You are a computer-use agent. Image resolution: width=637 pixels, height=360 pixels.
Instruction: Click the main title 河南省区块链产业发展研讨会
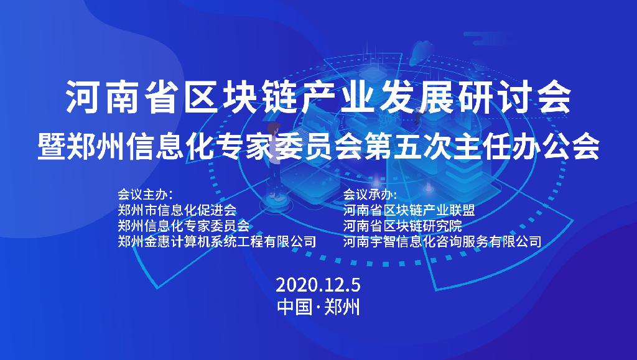pos(318,98)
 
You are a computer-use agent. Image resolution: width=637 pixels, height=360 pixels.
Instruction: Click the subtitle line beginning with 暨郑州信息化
pos(318,146)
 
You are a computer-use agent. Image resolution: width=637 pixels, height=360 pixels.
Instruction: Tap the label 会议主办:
pos(145,195)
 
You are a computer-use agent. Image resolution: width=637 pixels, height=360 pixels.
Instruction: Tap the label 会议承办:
pos(370,195)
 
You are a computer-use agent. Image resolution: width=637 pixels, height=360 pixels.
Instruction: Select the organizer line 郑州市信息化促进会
pos(177,210)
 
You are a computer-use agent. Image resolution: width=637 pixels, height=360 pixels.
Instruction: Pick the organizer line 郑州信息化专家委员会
pos(184,226)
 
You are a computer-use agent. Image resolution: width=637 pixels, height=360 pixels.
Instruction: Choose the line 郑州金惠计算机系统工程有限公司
pos(217,241)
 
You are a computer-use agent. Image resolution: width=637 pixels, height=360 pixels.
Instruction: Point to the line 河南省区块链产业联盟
pos(409,210)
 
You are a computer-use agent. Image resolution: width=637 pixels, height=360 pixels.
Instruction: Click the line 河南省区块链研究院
pos(402,226)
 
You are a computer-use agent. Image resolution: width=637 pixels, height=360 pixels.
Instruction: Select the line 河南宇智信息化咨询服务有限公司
pos(442,241)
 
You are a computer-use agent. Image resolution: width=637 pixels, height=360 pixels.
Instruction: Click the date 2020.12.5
pos(318,285)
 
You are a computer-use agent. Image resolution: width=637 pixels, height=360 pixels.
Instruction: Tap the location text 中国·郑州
pos(318,307)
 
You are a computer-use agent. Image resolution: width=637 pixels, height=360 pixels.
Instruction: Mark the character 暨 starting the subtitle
pos(51,146)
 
